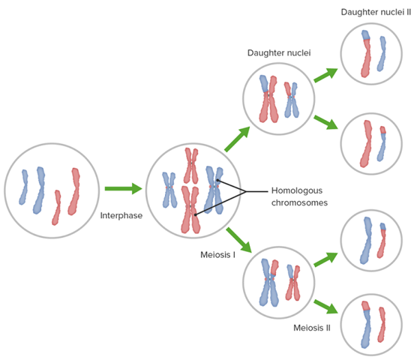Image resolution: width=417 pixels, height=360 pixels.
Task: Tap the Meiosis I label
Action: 217,255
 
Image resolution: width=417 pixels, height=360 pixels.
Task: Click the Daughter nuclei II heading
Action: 375,12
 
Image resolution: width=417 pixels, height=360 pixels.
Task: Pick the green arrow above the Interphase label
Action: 122,189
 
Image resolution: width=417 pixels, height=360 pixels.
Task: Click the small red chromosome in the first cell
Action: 58,208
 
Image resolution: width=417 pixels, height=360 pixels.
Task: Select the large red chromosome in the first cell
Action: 75,190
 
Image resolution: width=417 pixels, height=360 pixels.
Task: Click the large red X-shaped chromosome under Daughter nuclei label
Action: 265,99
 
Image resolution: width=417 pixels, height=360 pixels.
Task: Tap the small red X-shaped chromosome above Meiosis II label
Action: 293,283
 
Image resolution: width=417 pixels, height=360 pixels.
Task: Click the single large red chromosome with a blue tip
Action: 366,52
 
